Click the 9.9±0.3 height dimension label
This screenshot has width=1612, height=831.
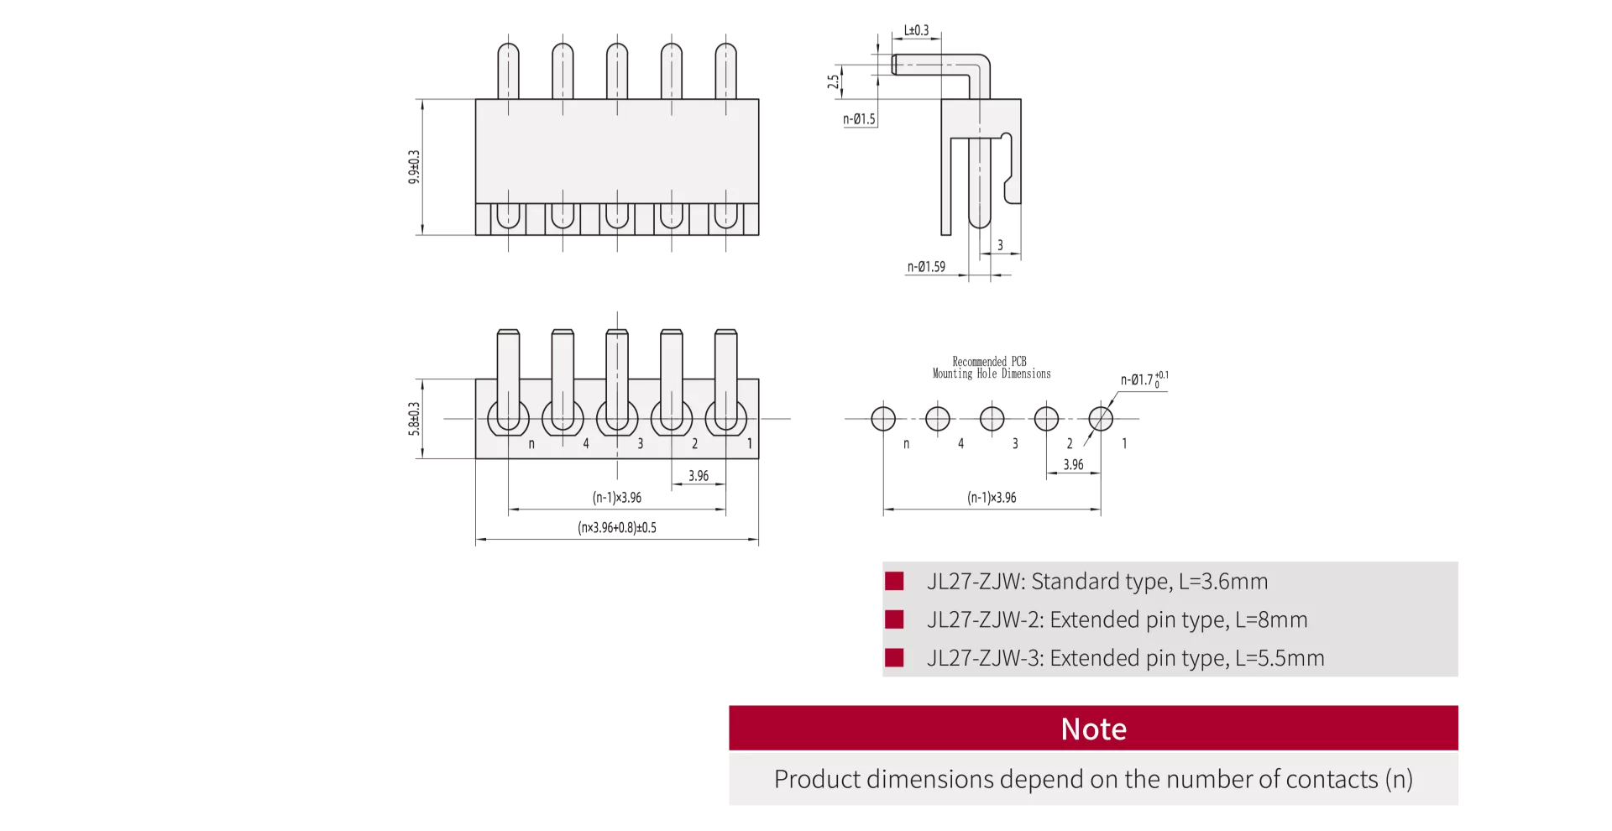pyautogui.click(x=414, y=167)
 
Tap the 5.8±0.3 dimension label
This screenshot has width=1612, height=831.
pyautogui.click(x=414, y=419)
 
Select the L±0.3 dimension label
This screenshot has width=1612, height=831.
pyautogui.click(x=916, y=30)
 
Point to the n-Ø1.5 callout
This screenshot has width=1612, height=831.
pyautogui.click(x=859, y=119)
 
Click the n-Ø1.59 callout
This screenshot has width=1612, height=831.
pyautogui.click(x=926, y=267)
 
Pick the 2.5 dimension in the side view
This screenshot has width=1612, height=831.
pyautogui.click(x=833, y=81)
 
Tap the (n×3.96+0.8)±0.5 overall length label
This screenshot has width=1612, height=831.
pyautogui.click(x=617, y=527)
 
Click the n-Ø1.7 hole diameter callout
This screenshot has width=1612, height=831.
pyautogui.click(x=1144, y=379)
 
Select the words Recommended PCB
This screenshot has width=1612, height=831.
pyautogui.click(x=989, y=362)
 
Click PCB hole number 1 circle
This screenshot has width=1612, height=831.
pyautogui.click(x=1101, y=418)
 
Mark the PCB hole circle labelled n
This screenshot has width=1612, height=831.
pyautogui.click(x=883, y=418)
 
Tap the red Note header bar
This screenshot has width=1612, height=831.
pyautogui.click(x=1093, y=728)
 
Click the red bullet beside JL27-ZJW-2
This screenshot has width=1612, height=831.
pyautogui.click(x=894, y=619)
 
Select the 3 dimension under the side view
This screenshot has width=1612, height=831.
pyautogui.click(x=1000, y=245)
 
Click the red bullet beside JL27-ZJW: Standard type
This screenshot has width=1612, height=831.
pyautogui.click(x=894, y=581)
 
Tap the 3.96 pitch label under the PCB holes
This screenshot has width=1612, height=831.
pyautogui.click(x=1073, y=464)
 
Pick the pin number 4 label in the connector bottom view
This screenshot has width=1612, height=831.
pyautogui.click(x=586, y=443)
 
